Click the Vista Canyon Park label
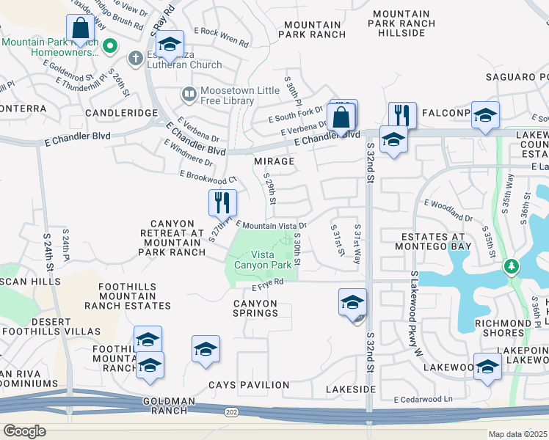(x=263, y=259)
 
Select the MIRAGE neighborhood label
(x=274, y=161)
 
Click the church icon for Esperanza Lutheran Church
(x=136, y=58)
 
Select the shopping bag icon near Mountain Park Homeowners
(x=80, y=29)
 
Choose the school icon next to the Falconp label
(x=485, y=115)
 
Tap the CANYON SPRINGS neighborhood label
(x=255, y=308)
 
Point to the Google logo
(x=24, y=431)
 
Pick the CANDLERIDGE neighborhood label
(x=121, y=113)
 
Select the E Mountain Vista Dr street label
(x=270, y=225)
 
